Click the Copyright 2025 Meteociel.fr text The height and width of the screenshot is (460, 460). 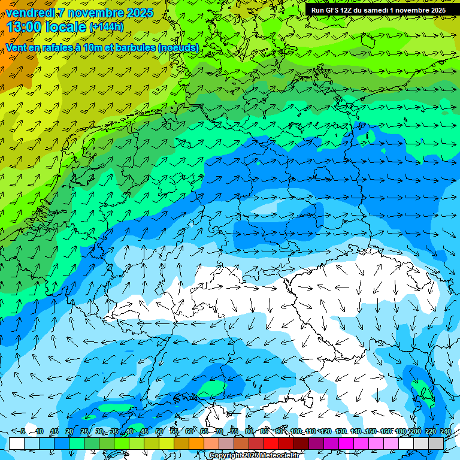coord(254,456)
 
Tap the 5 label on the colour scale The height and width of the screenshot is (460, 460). coord(23,432)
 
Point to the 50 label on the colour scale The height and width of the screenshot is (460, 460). coord(159,432)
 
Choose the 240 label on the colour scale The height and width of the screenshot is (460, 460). coord(444,432)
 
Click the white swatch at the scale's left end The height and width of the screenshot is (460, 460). coord(17,443)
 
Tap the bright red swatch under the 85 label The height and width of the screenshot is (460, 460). coord(271,443)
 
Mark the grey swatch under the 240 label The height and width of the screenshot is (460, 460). coord(436,443)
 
